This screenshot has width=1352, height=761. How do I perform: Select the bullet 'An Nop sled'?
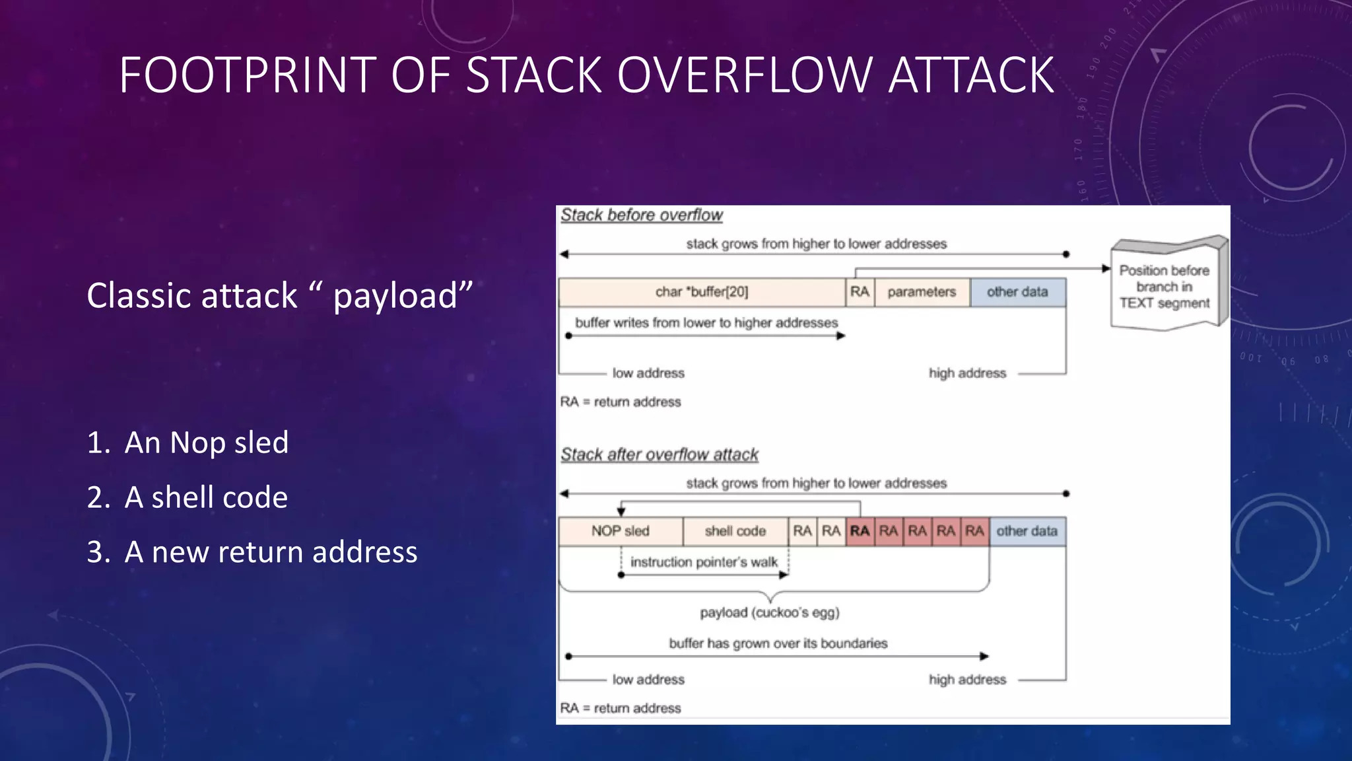[x=206, y=443]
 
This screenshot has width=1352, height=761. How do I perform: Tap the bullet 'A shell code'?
[x=206, y=497]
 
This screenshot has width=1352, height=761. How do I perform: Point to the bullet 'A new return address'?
[x=271, y=552]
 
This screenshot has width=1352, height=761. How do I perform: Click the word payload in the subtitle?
[x=395, y=295]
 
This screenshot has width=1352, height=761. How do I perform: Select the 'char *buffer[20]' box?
[x=702, y=292]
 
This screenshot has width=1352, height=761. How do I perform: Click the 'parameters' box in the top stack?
[x=922, y=292]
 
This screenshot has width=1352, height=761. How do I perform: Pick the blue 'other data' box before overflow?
[x=1017, y=292]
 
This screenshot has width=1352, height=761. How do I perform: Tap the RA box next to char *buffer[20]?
[x=860, y=292]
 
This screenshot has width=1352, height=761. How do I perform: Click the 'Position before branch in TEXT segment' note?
[x=1165, y=287]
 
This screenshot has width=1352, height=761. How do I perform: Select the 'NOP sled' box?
[x=621, y=531]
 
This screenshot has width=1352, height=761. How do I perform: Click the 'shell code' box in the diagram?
[x=735, y=531]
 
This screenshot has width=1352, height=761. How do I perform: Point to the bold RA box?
[x=860, y=531]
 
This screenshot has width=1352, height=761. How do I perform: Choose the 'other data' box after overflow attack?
[x=1027, y=531]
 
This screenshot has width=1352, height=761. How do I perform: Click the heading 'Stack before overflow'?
[x=642, y=215]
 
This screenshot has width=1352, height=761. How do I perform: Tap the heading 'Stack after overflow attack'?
[x=659, y=454]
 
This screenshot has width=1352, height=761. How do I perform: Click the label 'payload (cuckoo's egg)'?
[x=770, y=612]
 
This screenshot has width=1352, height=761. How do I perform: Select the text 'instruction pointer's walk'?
[x=704, y=562]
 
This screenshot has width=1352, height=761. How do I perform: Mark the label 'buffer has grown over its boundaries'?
[x=778, y=643]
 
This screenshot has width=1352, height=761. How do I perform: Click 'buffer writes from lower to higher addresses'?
[x=706, y=323]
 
